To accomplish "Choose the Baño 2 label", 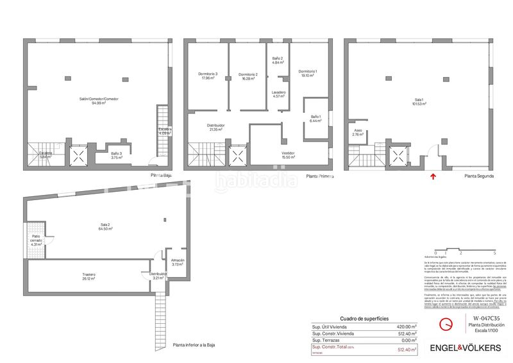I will [278, 60].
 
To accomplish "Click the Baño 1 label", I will [315, 118].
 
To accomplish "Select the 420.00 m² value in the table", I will [407, 326].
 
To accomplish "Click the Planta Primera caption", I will [320, 175].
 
